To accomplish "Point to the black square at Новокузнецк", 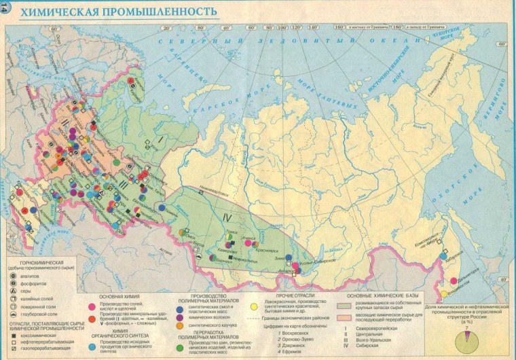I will [230, 259].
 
